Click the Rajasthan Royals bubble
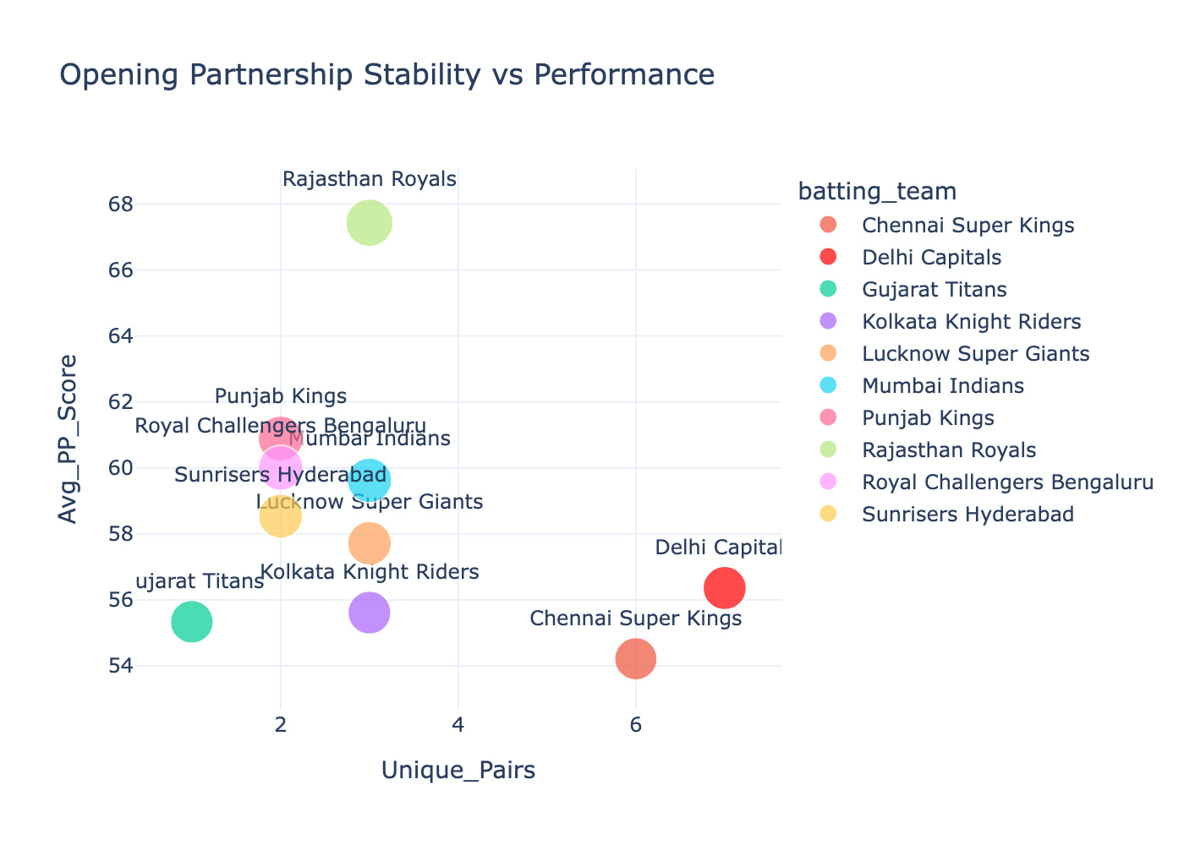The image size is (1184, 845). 369,223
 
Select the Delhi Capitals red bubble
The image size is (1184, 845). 724,587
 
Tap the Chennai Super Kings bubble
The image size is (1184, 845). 635,658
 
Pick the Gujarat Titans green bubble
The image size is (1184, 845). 192,622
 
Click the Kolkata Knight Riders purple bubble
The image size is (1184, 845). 369,613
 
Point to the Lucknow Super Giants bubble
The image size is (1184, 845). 369,543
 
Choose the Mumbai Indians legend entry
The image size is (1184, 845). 942,386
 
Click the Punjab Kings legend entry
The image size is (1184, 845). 928,418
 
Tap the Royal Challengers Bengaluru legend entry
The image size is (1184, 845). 1007,482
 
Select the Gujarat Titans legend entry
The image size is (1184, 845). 934,290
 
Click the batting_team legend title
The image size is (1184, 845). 877,192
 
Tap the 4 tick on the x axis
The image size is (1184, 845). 458,725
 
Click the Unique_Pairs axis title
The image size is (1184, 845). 458,771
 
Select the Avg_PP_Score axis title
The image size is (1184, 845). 69,439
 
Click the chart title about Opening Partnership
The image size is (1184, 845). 387,75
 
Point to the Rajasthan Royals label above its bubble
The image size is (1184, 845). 369,179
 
